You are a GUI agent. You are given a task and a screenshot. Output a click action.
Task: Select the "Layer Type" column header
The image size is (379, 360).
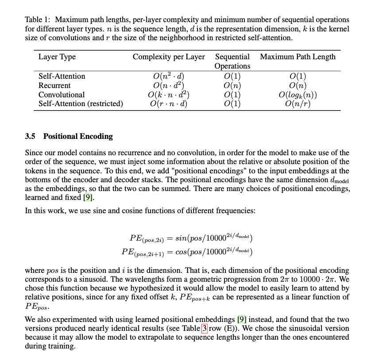(x=57, y=57)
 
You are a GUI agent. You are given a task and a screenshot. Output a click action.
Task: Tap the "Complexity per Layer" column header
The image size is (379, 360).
(x=169, y=57)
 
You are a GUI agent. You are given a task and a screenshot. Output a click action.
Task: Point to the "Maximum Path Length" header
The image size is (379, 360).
(x=298, y=57)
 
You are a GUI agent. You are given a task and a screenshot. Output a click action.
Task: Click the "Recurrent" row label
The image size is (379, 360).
(x=54, y=85)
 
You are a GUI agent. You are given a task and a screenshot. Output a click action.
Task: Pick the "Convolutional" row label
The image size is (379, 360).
(x=62, y=95)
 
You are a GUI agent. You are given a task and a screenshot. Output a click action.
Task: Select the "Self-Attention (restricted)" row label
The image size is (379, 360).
(x=81, y=104)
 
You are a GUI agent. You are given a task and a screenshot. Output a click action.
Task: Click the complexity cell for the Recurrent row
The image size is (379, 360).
(x=168, y=85)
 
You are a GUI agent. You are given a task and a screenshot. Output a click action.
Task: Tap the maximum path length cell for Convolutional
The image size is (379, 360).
(x=298, y=95)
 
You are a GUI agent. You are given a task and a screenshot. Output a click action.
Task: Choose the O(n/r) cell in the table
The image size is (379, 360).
(x=298, y=104)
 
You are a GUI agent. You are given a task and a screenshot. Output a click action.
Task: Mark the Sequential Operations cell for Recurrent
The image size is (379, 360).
(x=232, y=85)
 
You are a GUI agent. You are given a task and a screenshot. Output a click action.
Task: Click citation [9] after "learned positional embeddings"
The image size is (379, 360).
(x=241, y=319)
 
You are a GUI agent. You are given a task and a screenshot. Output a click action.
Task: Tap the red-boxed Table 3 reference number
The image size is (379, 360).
(x=204, y=329)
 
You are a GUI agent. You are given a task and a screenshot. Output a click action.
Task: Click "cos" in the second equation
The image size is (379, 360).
(x=181, y=252)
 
